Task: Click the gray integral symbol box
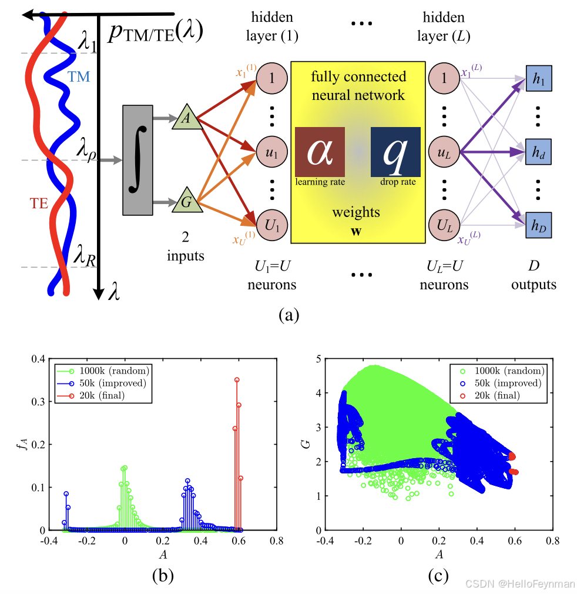[x=137, y=159]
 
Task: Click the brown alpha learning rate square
[x=320, y=152]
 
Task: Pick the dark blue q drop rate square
[x=395, y=152]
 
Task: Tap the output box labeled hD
[x=538, y=225]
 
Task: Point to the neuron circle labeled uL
[x=445, y=152]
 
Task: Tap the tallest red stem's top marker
[x=237, y=380]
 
